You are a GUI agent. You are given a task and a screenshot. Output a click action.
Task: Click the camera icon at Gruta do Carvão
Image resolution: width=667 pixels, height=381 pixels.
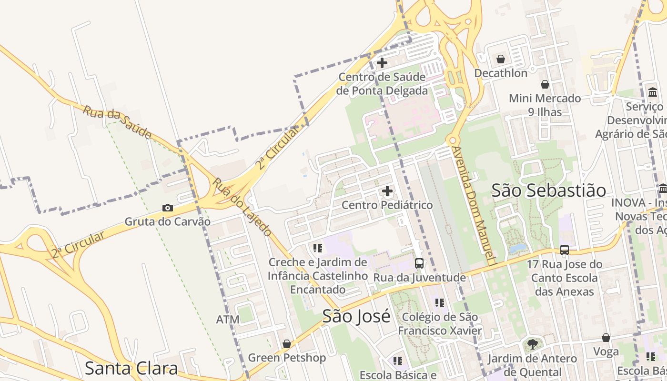pos(168,208)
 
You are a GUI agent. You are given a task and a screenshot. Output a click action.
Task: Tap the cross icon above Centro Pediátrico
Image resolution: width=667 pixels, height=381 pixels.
pos(387,191)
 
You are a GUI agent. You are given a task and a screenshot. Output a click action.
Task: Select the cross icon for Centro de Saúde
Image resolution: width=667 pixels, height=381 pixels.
pos(382,62)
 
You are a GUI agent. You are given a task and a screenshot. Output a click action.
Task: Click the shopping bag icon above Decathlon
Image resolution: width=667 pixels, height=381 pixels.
pos(501,59)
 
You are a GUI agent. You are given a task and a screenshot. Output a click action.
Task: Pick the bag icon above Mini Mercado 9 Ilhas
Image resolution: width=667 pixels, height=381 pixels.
pos(545,84)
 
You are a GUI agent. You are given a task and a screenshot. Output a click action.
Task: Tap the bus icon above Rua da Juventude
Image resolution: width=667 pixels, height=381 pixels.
pos(419,263)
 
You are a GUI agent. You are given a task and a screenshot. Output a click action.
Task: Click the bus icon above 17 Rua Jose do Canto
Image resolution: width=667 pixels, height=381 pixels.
pos(565,250)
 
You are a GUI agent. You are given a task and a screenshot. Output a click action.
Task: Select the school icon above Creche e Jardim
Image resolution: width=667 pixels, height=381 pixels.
pos(318,248)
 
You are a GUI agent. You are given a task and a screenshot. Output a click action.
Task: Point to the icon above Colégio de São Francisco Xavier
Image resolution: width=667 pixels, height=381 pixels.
pos(439,302)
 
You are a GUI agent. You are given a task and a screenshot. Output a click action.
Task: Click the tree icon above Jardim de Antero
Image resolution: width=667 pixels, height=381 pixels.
pos(533,344)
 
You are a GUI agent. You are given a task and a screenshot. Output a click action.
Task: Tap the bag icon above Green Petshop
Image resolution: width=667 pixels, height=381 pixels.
pos(287,344)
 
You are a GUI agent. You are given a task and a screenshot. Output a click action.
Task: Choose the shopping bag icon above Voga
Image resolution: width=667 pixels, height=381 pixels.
pos(606,338)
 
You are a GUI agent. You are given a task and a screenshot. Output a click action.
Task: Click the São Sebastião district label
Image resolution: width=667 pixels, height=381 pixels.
pos(549,190)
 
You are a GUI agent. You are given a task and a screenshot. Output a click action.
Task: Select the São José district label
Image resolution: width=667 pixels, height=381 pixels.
pos(356,316)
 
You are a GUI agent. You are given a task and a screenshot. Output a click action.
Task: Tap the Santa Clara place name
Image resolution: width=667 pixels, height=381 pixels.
pos(131,368)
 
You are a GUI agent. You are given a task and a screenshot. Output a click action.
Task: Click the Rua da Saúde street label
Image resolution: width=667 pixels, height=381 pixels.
pos(117,122)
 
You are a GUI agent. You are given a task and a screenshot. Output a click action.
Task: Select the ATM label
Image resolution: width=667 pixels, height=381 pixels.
pos(228,319)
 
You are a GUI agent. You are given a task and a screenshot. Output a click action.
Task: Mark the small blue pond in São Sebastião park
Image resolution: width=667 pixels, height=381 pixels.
pos(518,248)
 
